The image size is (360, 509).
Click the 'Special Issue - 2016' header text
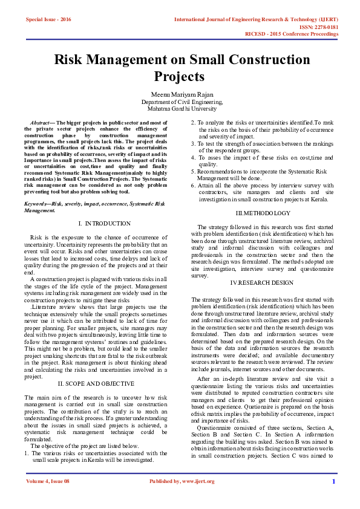pos(48,19)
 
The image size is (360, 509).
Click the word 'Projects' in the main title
pos(179,77)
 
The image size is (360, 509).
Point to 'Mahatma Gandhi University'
pos(180,109)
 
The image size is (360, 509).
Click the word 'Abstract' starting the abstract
pos(41,122)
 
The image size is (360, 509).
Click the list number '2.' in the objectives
pos(194,122)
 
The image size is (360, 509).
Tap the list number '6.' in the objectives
pos(194,184)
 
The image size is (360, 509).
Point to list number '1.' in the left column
pos(27,452)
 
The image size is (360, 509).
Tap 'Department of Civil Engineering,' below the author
pos(180,103)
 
